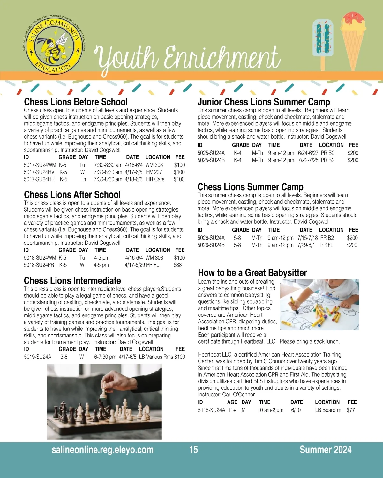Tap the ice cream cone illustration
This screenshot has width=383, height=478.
click(x=353, y=38)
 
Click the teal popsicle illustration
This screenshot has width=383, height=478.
click(x=322, y=41)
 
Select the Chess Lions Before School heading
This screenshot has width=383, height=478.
click(x=76, y=102)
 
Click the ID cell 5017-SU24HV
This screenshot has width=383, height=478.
click(x=39, y=172)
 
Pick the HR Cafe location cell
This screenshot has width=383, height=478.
click(x=155, y=179)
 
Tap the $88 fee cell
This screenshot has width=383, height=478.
click(x=177, y=265)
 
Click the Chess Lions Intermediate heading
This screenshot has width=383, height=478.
click(x=72, y=281)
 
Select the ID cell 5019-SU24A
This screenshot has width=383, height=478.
click(x=37, y=357)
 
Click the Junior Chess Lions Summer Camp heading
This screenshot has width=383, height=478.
click(x=264, y=102)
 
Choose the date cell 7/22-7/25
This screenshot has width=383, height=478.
click(x=308, y=160)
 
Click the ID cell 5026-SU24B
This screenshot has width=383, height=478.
click(x=211, y=245)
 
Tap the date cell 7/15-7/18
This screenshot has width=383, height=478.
click(x=307, y=238)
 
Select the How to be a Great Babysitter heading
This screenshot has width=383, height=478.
click(x=252, y=273)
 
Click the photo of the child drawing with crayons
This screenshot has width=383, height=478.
click(x=319, y=305)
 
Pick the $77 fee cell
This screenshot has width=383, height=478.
click(x=351, y=410)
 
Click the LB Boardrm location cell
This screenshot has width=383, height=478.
click(x=328, y=410)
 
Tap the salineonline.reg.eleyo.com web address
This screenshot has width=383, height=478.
click(x=102, y=450)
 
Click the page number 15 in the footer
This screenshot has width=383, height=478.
click(x=193, y=450)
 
